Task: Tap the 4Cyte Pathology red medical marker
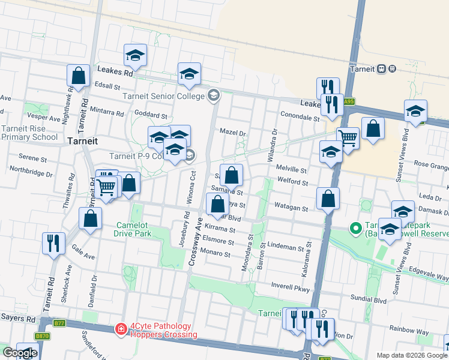click(121, 329)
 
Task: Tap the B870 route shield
click(41, 336)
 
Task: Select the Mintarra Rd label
click(106, 111)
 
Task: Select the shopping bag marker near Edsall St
click(79, 76)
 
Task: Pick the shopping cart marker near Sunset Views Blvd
click(348, 138)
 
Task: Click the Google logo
click(19, 353)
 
